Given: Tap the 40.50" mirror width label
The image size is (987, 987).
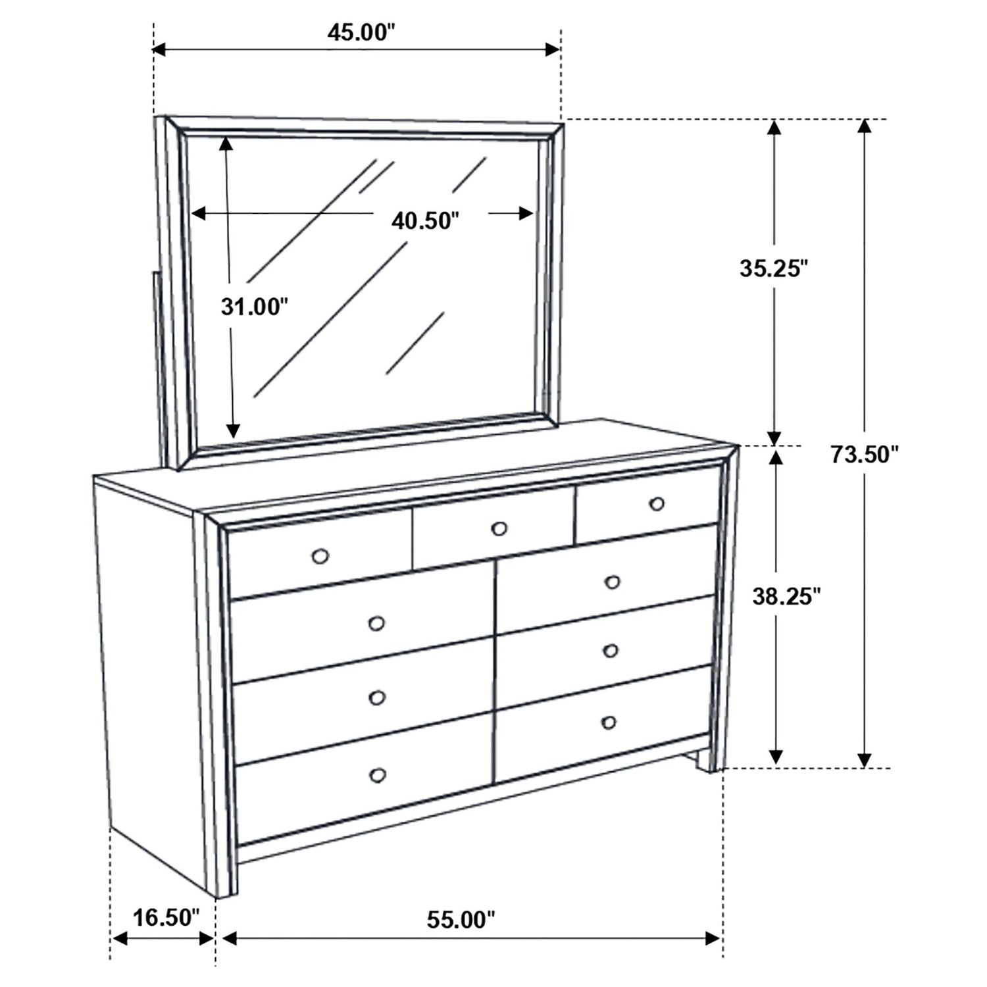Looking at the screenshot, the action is (x=424, y=220).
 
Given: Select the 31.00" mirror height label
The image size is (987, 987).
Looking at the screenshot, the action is (x=254, y=306).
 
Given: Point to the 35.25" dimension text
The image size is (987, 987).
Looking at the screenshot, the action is (x=773, y=268).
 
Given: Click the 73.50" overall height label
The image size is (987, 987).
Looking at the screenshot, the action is (x=864, y=454).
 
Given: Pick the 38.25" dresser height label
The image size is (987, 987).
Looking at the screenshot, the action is (x=786, y=596).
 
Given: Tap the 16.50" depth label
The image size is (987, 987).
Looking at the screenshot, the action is (x=166, y=917).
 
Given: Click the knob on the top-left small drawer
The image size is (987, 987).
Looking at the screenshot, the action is (x=320, y=557).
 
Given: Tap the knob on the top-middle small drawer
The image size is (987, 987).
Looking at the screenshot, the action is (x=499, y=528).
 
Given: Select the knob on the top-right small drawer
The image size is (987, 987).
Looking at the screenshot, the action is (x=656, y=504).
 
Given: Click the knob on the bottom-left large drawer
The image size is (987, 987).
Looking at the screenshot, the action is (x=377, y=776).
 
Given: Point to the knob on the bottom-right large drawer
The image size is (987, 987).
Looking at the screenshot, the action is (x=609, y=723).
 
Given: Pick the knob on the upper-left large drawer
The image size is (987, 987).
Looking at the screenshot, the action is (x=376, y=623).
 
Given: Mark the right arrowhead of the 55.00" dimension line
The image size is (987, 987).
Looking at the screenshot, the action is (x=714, y=938).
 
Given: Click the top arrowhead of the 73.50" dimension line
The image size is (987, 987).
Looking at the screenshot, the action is (x=865, y=127).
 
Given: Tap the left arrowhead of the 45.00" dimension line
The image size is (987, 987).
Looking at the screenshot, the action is (x=162, y=49).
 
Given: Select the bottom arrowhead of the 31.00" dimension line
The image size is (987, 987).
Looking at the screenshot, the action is (x=232, y=430).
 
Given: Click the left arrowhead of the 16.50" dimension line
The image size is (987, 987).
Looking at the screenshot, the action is (x=119, y=938).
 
